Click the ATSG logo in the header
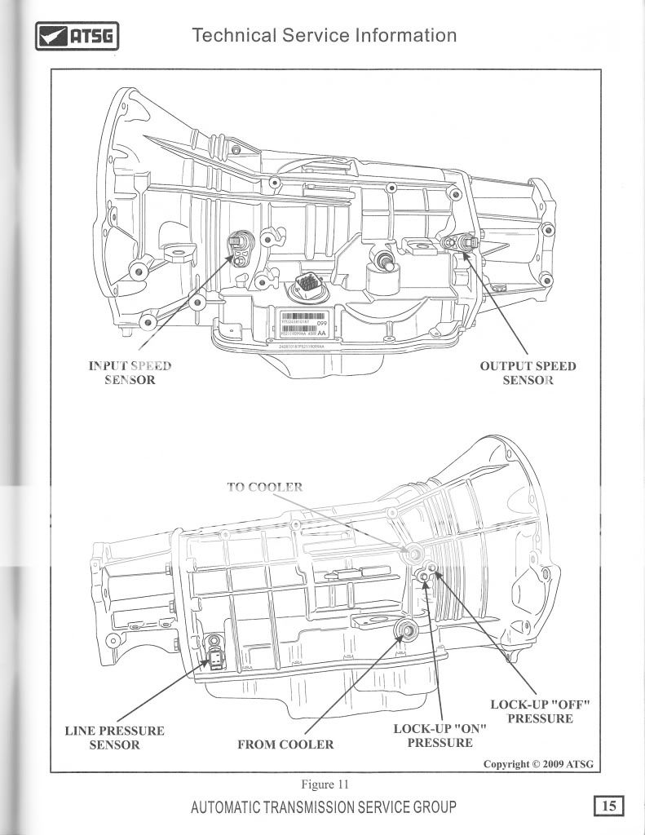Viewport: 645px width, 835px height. coord(77,36)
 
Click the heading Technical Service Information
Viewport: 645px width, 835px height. coord(324,36)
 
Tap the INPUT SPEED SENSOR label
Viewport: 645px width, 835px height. coord(130,373)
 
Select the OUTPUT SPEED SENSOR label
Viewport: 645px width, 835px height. coord(528,373)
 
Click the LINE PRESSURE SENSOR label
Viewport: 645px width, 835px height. coord(114,737)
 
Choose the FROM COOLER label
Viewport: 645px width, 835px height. coord(285,744)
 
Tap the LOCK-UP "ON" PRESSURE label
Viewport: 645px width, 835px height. coord(440,736)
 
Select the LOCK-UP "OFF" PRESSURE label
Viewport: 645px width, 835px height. coord(539,711)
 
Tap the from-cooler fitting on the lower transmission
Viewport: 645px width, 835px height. coord(404,630)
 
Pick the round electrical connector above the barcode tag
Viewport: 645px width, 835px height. coord(308,285)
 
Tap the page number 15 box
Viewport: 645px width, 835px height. coord(608,806)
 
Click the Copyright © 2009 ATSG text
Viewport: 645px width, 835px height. coord(537,764)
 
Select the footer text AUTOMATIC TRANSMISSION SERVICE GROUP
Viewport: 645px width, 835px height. coord(324,807)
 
